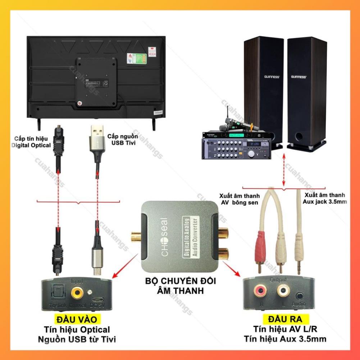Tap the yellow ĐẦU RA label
[x=284, y=319]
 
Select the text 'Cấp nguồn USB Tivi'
[x=122, y=140]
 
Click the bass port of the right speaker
[x=299, y=137]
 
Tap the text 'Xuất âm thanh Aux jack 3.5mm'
[x=325, y=198]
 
